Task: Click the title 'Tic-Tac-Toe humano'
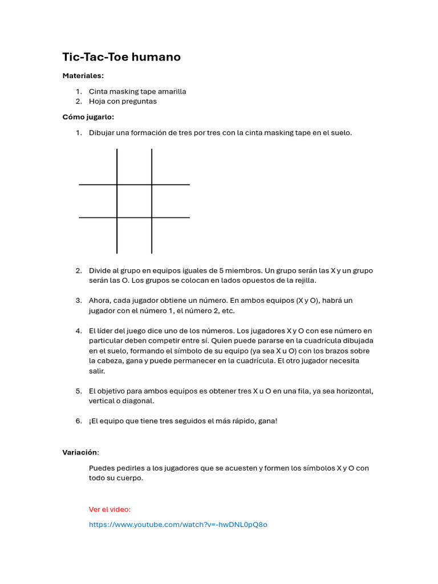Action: pos(121,57)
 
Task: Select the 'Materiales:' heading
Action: pos(83,75)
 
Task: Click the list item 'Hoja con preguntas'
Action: pos(122,102)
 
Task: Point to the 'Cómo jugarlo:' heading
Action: pos(88,117)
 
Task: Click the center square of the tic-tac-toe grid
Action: pos(134,201)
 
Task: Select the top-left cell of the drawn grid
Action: pos(98,167)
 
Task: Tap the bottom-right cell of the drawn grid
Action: pos(170,235)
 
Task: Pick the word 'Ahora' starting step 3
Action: pos(100,301)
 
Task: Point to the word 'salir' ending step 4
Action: pos(97,371)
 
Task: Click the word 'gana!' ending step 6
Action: pos(266,421)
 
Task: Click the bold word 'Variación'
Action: pos(80,453)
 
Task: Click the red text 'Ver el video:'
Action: pos(109,509)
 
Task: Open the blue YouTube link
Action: pos(178,525)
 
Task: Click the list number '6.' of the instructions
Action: pos(79,421)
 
